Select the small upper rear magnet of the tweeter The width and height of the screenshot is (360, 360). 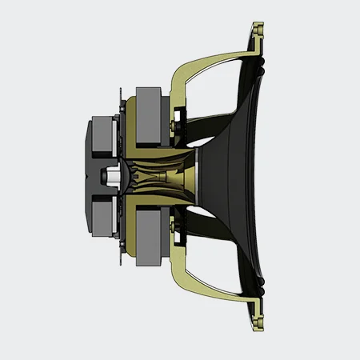(x=101, y=138)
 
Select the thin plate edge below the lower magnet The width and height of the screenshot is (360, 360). (x=120, y=260)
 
